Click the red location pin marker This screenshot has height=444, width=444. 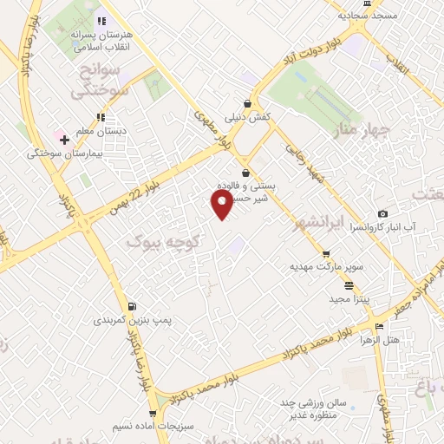(222, 205)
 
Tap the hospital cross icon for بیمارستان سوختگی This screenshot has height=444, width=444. (64, 140)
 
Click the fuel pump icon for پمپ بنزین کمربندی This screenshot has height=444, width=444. (132, 306)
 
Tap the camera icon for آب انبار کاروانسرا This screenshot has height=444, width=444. (382, 214)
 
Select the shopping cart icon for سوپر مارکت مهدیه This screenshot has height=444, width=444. (326, 254)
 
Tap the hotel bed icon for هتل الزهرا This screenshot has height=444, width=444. (380, 326)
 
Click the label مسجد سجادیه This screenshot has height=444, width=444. (369, 16)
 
